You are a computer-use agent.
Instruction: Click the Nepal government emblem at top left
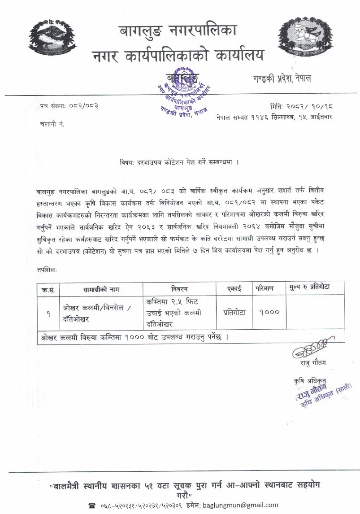click(51, 39)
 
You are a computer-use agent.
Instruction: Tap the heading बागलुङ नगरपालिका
click(178, 31)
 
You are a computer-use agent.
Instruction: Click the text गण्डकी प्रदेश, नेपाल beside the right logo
click(281, 78)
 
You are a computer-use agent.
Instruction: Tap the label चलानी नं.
click(52, 124)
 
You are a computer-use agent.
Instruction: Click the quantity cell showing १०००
click(269, 313)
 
